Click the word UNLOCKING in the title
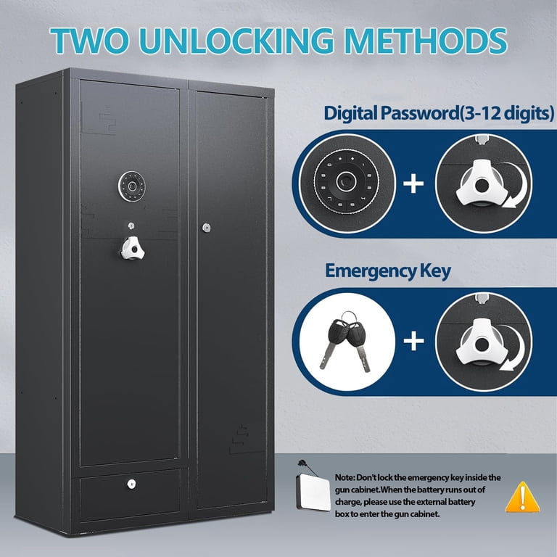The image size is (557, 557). pos(236,40)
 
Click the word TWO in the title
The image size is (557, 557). pos(89,40)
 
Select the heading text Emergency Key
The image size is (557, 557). pos(387,271)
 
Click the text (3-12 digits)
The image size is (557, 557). pos(506,113)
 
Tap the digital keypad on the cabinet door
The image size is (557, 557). pos(132,186)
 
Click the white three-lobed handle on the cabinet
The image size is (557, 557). pos(133,248)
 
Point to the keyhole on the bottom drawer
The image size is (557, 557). pos(131,484)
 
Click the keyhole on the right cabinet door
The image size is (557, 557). pos(207,228)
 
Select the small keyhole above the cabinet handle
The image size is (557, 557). pos(131,226)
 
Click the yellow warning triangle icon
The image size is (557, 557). pos(522,497)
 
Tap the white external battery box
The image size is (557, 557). pos(313,492)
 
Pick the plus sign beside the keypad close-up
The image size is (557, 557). pos(413,184)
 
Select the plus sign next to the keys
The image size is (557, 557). pos(414,341)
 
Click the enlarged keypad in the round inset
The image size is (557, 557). pos(347,182)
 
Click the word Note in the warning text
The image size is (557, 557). pos(344,477)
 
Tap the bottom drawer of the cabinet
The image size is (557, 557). pos(131,495)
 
